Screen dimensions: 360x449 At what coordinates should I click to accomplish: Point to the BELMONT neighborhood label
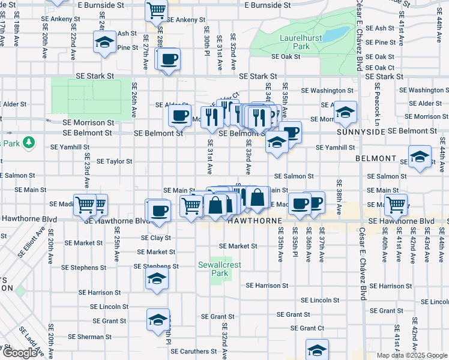pos(376,159)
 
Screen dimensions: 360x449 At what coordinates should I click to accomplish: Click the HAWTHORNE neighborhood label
pos(255,221)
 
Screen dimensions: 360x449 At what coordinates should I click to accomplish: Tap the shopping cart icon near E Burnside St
pos(156,10)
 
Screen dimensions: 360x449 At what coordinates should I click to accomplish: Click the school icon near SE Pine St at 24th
pos(104,43)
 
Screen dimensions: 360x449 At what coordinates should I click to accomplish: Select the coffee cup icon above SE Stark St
pos(169,59)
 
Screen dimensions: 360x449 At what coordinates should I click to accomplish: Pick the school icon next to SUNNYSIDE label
pos(345,112)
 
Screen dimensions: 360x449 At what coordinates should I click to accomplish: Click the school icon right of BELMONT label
pos(420,157)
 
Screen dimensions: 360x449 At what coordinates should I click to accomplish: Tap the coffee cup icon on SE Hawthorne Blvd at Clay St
pos(159,211)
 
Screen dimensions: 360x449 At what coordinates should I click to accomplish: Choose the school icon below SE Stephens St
pos(157,279)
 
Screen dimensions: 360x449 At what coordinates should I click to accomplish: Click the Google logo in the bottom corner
pos(20,353)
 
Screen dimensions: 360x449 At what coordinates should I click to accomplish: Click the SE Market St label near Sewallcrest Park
pos(238,246)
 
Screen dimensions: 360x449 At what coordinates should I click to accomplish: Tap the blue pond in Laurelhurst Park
pos(337,32)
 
